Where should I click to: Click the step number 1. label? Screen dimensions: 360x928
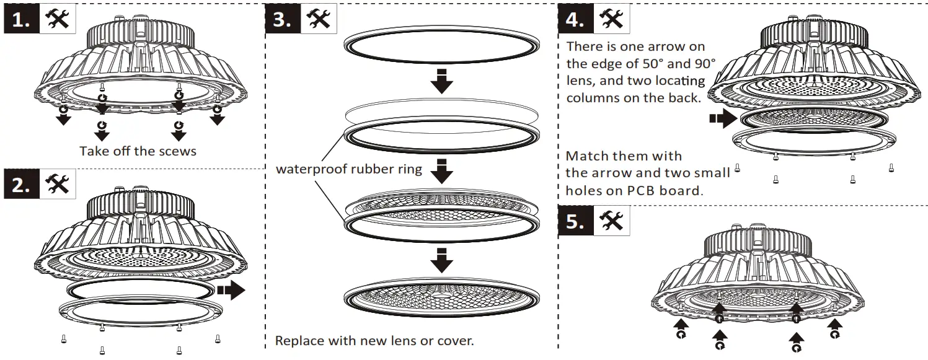click(x=22, y=20)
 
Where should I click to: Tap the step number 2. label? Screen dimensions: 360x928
click(x=22, y=185)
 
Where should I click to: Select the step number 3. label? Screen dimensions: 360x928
click(x=283, y=20)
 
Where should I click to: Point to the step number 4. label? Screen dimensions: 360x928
click(x=575, y=20)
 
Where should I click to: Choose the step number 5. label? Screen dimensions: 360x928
click(x=575, y=221)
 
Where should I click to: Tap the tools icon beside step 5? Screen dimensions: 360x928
click(x=612, y=221)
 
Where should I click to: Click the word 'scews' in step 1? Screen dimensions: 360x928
click(x=176, y=151)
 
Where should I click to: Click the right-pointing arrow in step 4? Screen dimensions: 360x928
click(x=722, y=119)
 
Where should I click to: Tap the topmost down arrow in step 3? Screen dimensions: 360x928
click(x=441, y=81)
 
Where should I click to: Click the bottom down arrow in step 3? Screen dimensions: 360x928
click(x=441, y=260)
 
